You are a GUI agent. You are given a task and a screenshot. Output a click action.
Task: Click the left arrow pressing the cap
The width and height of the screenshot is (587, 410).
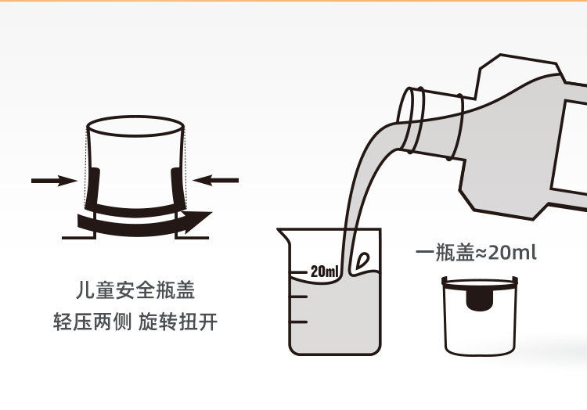[x=54, y=181]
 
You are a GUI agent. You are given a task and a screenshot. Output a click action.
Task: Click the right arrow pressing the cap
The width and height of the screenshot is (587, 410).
[x=216, y=180]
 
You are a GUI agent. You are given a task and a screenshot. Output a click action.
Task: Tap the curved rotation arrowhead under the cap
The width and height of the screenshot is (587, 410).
[x=198, y=220]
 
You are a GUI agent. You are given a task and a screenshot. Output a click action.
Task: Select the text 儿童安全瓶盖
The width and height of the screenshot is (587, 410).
[x=135, y=290]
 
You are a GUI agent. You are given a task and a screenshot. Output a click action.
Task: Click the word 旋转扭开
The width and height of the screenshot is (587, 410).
[x=178, y=322]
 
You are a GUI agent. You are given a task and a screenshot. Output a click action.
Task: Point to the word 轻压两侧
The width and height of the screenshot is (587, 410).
[x=92, y=322]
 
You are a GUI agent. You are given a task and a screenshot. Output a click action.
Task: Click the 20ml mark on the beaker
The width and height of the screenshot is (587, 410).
[x=324, y=272]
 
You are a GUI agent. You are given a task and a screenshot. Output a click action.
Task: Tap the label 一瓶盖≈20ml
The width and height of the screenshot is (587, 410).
[x=476, y=253]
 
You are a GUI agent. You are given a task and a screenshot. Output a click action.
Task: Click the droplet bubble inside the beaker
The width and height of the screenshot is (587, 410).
[x=362, y=261]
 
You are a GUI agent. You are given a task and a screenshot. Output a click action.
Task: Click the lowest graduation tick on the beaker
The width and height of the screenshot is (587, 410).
[x=299, y=322]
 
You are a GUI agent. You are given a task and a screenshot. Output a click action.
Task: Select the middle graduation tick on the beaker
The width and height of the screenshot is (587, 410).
[x=299, y=297]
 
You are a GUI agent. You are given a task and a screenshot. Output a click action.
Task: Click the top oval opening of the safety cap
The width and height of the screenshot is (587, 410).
[x=135, y=127]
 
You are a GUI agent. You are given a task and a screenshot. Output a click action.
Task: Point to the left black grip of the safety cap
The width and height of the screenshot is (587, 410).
[x=93, y=188]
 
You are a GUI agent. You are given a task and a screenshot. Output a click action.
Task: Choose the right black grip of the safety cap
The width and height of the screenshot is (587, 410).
[x=178, y=188]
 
